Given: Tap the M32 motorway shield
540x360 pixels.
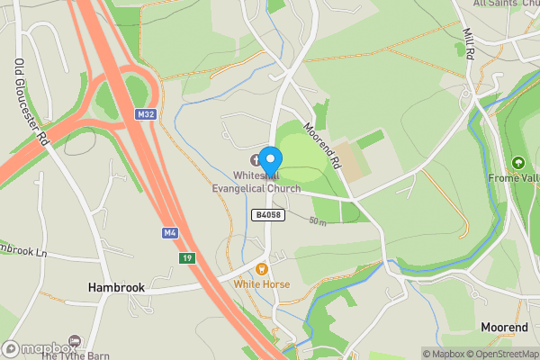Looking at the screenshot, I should pyautogui.click(x=146, y=114).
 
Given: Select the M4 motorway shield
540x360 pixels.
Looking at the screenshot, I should pyautogui.click(x=169, y=233).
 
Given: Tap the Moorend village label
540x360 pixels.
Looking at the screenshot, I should pyautogui.click(x=504, y=327).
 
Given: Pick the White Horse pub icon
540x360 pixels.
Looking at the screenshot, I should pyautogui.click(x=262, y=268).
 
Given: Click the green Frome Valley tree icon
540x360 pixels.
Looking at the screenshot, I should pyautogui.click(x=518, y=163).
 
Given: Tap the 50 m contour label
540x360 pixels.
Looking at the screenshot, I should pyautogui.click(x=318, y=220).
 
